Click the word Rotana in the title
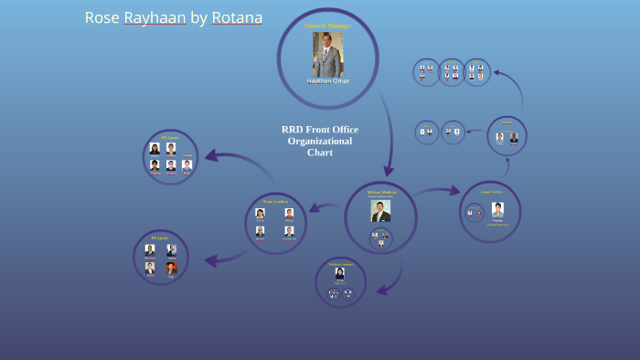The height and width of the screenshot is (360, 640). point(237,18)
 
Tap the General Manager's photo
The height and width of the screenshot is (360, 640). point(327,55)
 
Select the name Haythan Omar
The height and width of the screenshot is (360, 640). point(327,81)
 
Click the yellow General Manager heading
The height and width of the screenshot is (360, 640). point(327,26)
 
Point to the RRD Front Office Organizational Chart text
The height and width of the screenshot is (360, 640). point(320,141)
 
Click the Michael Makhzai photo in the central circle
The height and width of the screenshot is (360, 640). point(380,211)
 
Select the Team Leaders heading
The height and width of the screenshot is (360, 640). point(275,201)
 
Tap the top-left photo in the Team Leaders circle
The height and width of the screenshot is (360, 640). point(261,213)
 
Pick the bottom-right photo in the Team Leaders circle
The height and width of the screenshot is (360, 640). point(289,231)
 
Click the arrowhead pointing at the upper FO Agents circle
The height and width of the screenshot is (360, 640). point(211,155)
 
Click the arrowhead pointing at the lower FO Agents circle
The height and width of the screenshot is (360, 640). point(212,261)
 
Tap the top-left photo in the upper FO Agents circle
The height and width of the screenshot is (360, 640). point(155,148)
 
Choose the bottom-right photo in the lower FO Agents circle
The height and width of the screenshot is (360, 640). point(171,268)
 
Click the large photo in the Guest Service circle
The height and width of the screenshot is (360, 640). point(497,209)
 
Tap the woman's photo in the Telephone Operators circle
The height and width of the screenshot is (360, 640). point(339,273)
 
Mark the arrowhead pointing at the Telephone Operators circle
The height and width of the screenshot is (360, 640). point(381,290)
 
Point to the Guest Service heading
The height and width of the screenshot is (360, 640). point(491,192)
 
